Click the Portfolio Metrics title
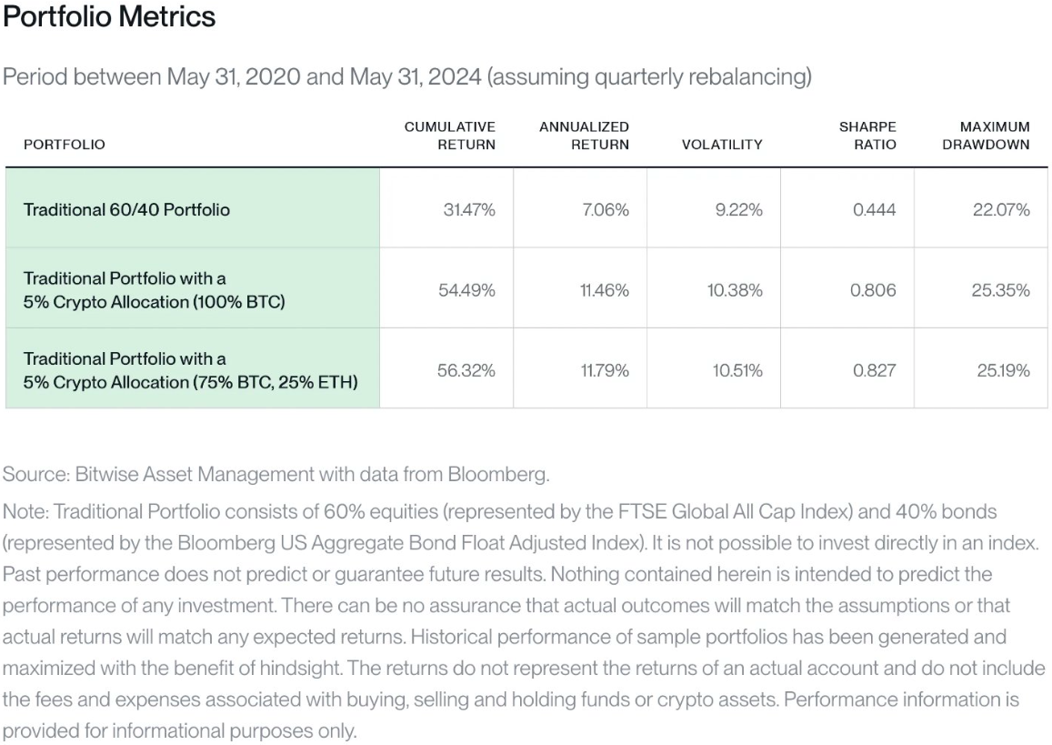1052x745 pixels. pos(109,16)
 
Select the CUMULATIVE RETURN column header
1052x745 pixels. pos(449,136)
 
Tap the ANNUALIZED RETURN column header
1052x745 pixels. pos(585,136)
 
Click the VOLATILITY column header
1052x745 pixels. pos(722,145)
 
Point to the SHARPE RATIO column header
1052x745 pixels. pos(867,136)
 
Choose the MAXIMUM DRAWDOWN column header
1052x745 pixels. pos(986,136)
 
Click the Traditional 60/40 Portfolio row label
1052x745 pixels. pos(126,209)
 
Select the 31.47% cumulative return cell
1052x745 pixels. pos(469,209)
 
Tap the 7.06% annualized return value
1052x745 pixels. pos(606,209)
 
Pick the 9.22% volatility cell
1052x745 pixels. pos(738,209)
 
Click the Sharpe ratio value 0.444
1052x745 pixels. pos(874,209)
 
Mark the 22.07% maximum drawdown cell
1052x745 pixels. pos(1001,209)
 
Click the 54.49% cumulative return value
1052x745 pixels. pos(467,290)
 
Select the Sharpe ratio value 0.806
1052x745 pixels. pos(873,290)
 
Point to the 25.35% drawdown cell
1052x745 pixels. pos(1000,290)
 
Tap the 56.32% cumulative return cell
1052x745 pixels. pos(466,370)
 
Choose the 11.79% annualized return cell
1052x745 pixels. pos(605,370)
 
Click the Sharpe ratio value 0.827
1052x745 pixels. pos(874,370)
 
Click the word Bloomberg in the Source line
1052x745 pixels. pos(498,475)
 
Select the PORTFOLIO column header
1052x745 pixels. pos(65,145)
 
